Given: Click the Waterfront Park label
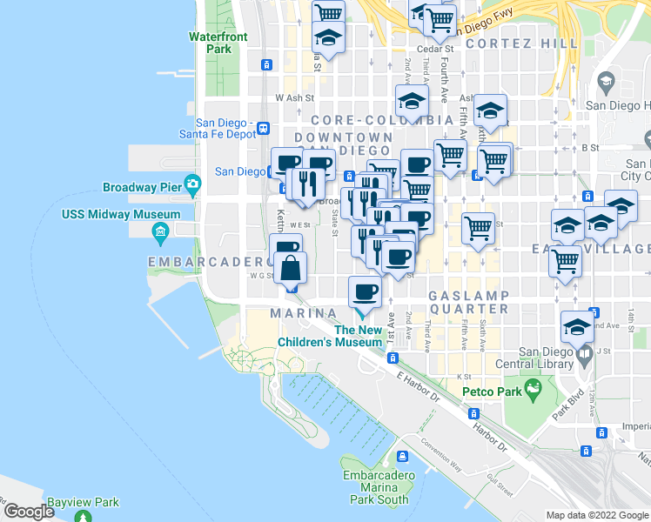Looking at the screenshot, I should pyautogui.click(x=218, y=43).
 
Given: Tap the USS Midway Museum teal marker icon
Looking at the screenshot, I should pyautogui.click(x=160, y=231).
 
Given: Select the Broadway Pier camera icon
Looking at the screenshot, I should pyautogui.click(x=192, y=184).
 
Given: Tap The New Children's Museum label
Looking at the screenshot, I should pyautogui.click(x=359, y=336).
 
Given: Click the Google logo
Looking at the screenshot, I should pyautogui.click(x=29, y=512).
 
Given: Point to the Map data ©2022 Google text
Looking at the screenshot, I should pyautogui.click(x=597, y=515).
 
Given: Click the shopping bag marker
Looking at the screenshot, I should pyautogui.click(x=292, y=269).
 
